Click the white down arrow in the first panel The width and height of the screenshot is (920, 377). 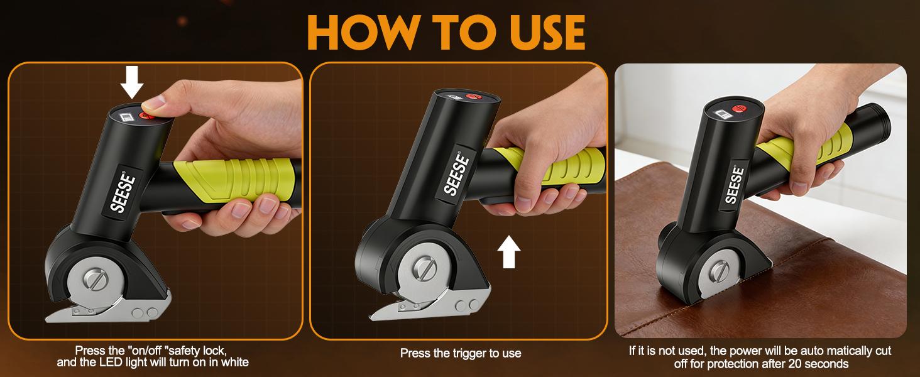point(132,82)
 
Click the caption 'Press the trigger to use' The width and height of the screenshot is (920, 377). point(461,353)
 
